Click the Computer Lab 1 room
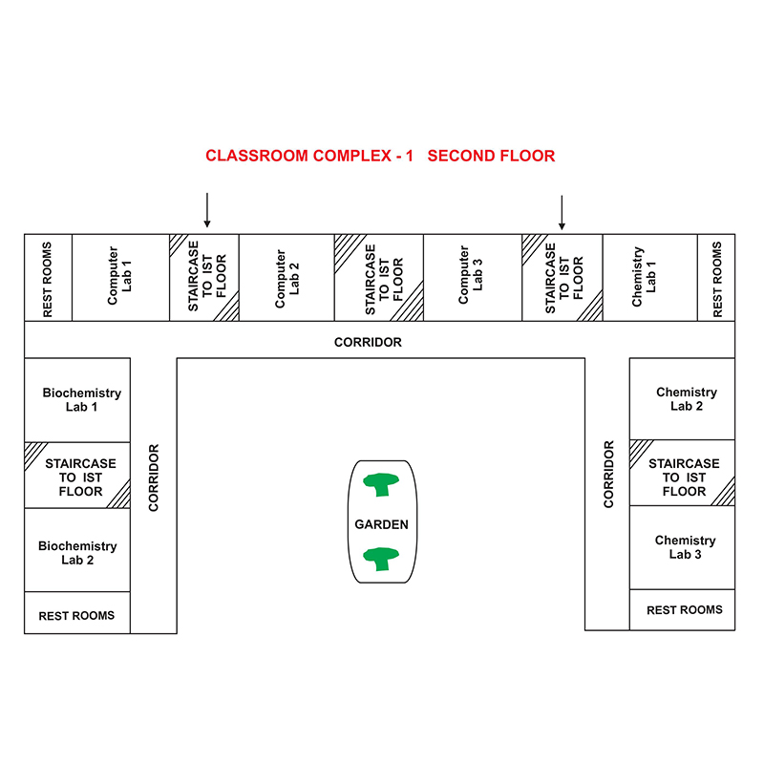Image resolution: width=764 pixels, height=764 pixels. pos(121,277)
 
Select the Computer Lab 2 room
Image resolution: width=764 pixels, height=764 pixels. pos(287,277)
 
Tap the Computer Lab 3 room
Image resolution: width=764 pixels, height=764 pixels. pos(473,277)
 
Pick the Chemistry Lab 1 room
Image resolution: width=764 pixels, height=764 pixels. pos(650,277)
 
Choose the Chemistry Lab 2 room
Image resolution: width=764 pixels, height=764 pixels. pos(682,399)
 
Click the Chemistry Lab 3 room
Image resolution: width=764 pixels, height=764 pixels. pos(682,547)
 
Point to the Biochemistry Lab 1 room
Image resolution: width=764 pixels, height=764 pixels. pos(77,400)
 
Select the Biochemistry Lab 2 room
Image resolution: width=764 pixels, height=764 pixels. pos(77,550)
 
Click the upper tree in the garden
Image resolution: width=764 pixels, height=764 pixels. pos(381,484)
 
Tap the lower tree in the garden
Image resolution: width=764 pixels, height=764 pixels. pos(381,559)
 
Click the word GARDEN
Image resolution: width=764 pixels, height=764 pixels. pos(381,524)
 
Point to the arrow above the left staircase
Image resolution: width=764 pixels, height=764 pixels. pos(207,210)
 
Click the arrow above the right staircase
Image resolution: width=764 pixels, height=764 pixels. pos(562,212)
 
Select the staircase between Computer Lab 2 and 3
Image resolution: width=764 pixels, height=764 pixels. pos(379,277)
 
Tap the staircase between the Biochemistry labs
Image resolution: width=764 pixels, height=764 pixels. pos(77,476)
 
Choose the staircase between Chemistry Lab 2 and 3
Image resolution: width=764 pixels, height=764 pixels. pos(682,473)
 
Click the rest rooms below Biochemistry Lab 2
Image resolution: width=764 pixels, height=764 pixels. pos(77,613)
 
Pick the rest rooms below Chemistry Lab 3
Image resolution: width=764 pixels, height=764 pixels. pos(682,610)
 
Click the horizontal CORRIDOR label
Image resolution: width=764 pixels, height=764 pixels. pos(368,342)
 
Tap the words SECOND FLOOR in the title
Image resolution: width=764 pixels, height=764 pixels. pos(491,156)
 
